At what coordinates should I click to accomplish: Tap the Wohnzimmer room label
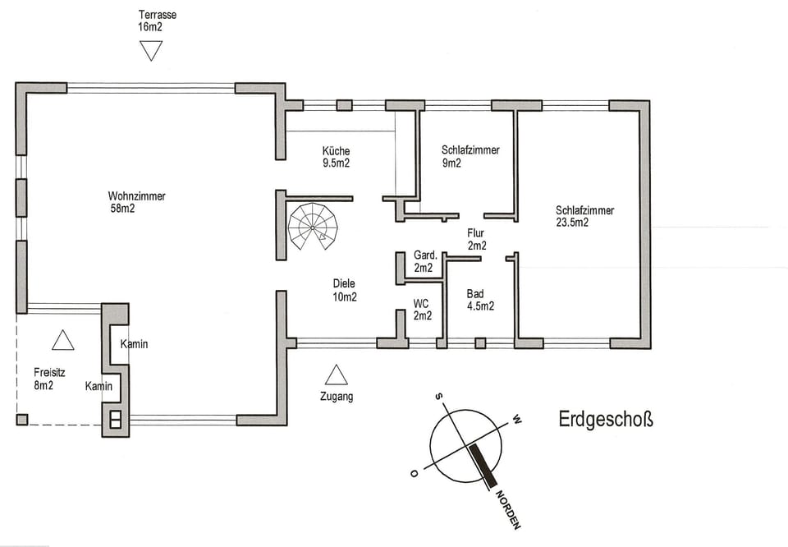tap(137, 202)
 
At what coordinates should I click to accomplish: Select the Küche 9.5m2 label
tap(337, 157)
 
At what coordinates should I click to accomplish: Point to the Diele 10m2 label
tap(345, 290)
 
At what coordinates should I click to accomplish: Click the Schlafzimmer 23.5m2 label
tap(584, 216)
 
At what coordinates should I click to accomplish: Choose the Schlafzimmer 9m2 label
tap(470, 156)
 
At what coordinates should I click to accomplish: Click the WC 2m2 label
tap(422, 310)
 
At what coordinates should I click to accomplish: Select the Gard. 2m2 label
tap(424, 261)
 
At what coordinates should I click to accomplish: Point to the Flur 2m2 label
tap(477, 239)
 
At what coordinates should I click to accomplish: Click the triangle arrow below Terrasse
tap(151, 51)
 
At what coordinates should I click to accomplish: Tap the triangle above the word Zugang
tap(336, 375)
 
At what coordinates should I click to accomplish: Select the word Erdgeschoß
tap(606, 421)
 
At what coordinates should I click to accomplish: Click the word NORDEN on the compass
tap(508, 509)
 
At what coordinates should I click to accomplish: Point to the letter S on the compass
tap(440, 398)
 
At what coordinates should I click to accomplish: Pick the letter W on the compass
tap(516, 420)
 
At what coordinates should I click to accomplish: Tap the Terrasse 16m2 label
tap(158, 21)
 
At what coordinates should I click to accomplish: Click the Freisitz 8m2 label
tap(44, 379)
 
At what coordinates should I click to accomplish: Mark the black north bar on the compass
tap(483, 464)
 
